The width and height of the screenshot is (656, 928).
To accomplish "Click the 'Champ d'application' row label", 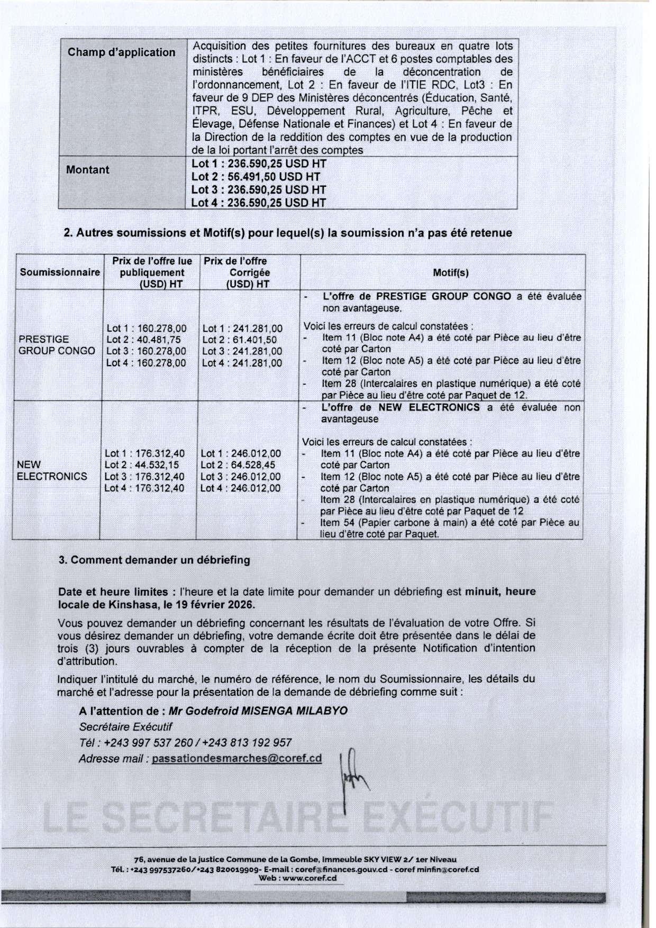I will click(121, 52).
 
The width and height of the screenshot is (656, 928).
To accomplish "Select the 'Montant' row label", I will click(87, 170).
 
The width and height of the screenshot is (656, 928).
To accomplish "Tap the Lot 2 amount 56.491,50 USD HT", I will click(256, 177).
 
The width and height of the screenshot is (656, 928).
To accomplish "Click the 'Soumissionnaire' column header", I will click(60, 272).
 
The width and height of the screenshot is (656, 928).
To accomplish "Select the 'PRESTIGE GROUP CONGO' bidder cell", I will click(57, 345).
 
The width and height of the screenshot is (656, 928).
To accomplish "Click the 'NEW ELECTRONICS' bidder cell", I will click(52, 470).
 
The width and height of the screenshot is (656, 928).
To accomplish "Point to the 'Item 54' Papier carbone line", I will click(450, 528).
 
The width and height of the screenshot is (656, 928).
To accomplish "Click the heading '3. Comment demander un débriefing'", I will click(154, 560).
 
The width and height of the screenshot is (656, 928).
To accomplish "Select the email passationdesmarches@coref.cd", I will click(236, 759).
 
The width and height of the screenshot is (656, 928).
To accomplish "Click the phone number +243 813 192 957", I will click(247, 743).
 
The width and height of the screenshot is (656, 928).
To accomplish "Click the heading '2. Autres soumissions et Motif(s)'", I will click(287, 233).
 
